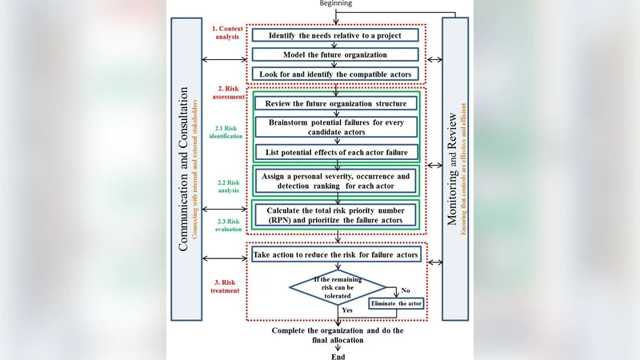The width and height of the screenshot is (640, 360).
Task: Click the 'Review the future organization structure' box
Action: (335, 103)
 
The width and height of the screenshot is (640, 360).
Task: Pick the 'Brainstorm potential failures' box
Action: (335, 127)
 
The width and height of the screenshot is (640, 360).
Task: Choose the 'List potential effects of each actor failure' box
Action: (335, 152)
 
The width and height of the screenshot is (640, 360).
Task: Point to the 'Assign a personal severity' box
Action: (335, 180)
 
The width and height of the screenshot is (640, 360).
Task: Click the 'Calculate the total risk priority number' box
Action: (335, 214)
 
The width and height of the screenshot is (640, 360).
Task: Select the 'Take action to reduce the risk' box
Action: (335, 254)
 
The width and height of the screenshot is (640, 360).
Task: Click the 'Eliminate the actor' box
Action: (395, 303)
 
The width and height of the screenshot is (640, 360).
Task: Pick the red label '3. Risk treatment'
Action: (228, 286)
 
